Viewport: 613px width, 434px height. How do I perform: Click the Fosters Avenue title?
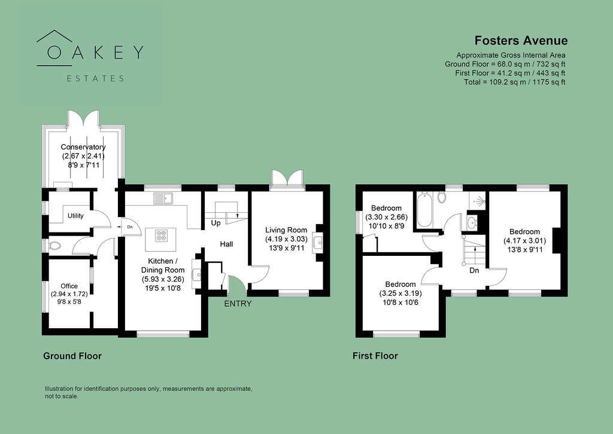[x=521, y=41]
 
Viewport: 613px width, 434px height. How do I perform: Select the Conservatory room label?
[x=83, y=147]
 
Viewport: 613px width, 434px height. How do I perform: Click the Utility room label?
[x=75, y=216]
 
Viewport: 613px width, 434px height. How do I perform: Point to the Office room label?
[x=69, y=286]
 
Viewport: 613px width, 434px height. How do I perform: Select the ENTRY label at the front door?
[x=238, y=304]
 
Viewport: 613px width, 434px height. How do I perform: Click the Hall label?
[x=226, y=244]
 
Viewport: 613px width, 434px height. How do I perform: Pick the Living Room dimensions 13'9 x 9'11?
[x=286, y=248]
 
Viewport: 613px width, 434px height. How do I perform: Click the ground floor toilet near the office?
[x=54, y=246]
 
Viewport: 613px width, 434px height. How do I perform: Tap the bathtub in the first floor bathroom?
[x=424, y=209]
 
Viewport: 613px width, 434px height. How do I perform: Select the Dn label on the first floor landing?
[x=474, y=270]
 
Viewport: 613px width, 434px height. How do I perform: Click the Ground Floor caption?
[x=72, y=356]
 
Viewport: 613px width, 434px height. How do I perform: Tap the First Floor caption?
[x=375, y=356]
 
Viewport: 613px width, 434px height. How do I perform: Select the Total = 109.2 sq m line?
[x=514, y=82]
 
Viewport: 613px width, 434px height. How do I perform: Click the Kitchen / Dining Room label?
[x=163, y=265]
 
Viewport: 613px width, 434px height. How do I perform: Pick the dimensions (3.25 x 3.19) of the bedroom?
[x=400, y=293]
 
